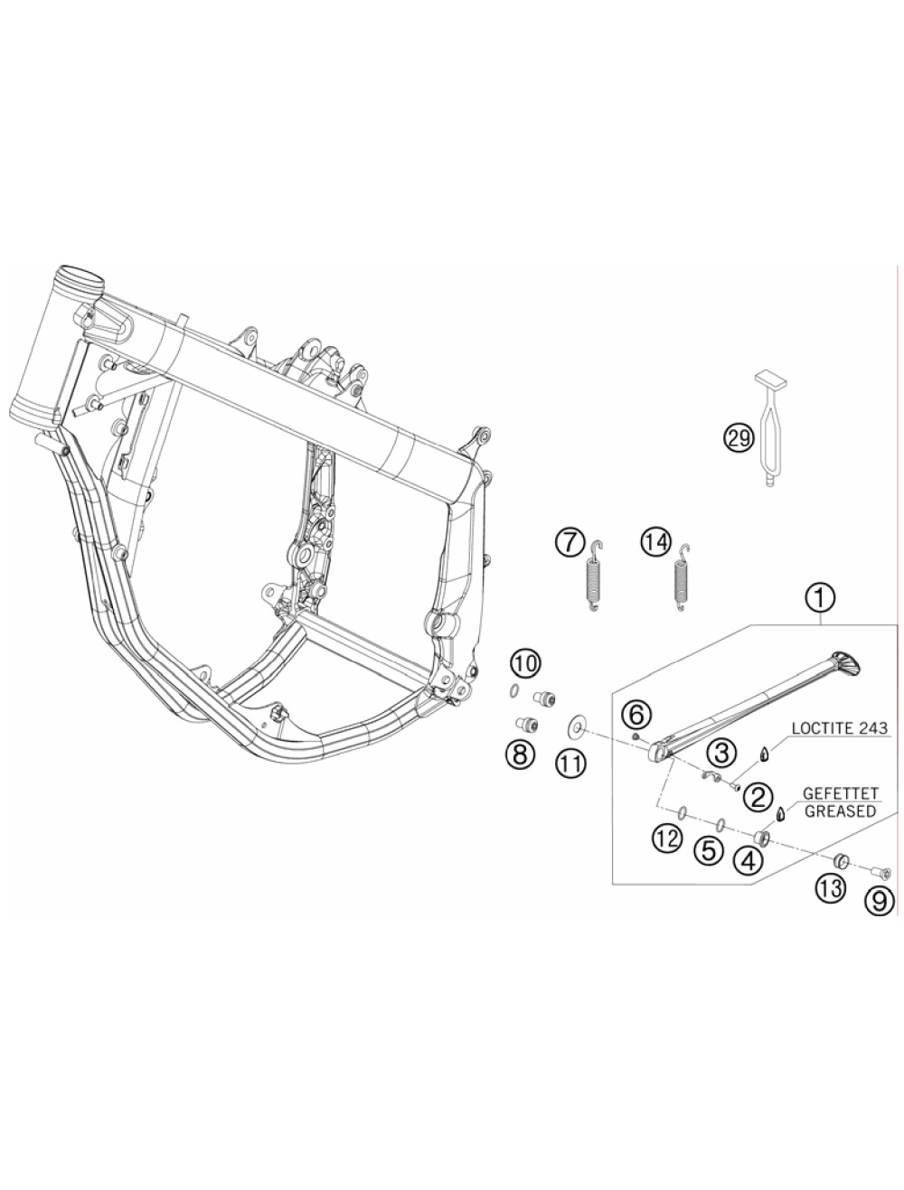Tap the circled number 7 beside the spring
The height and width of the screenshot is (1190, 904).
coord(570,543)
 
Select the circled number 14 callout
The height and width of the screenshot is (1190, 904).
coord(655,542)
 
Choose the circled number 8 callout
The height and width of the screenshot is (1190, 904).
coord(519,753)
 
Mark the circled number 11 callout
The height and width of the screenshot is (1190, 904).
coord(571,764)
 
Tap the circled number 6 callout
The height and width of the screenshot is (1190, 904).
coord(636,715)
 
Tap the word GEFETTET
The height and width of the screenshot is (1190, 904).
coord(840,793)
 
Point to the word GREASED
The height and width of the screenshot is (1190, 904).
coord(840,811)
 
